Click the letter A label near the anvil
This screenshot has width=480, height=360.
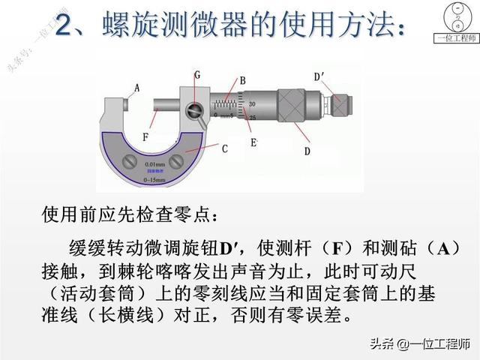(136, 88)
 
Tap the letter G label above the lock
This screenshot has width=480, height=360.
(196, 75)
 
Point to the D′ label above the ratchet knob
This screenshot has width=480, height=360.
(319, 75)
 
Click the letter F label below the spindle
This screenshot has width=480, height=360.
(145, 136)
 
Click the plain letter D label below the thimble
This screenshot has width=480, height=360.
(307, 151)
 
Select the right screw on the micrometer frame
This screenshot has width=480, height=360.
(176, 159)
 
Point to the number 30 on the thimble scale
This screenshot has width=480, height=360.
(252, 103)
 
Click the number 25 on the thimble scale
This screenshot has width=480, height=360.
(252, 118)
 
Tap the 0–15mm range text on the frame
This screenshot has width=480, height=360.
(155, 181)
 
